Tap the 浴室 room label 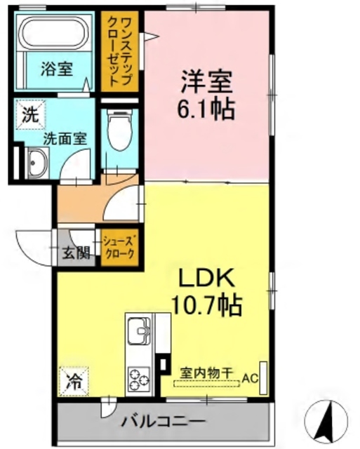(55, 70)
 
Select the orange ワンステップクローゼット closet (118, 52)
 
